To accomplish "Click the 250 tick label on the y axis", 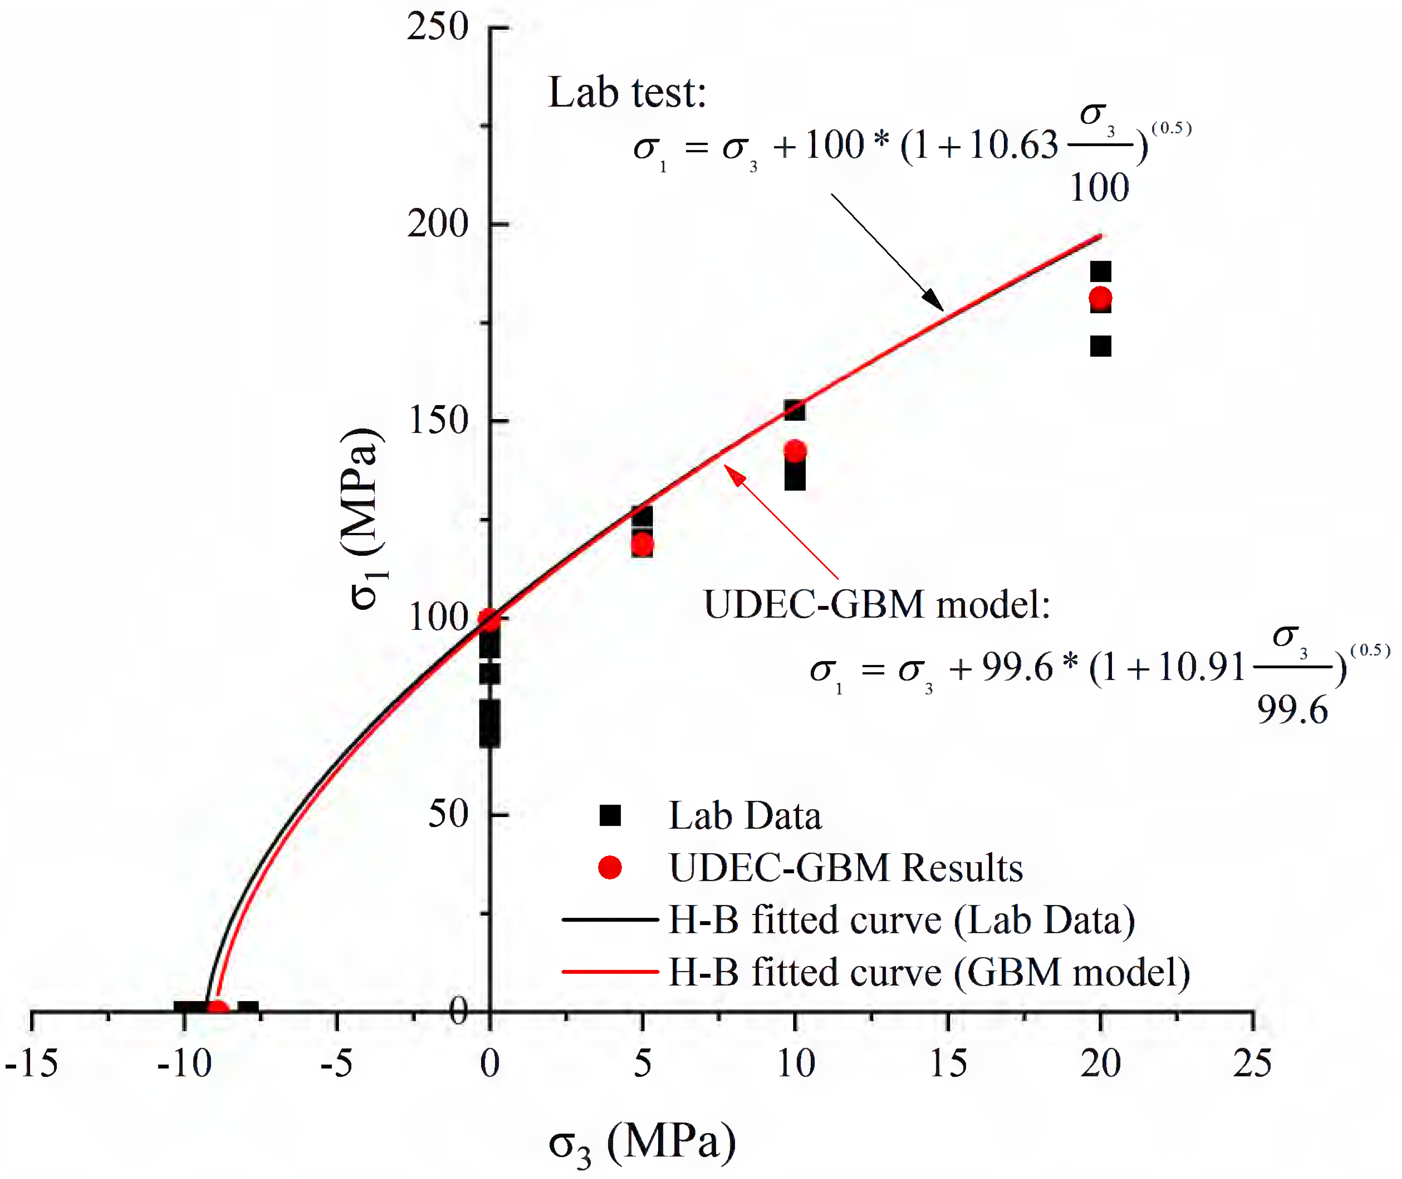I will [x=438, y=28].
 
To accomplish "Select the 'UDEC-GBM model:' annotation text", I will [x=877, y=605].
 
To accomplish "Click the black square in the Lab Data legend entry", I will [x=610, y=815].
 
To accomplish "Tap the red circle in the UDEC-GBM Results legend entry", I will [x=610, y=867].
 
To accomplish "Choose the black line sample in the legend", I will [x=610, y=920].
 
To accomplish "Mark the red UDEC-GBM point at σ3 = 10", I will [x=795, y=451].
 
